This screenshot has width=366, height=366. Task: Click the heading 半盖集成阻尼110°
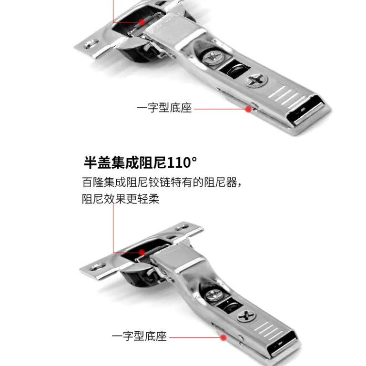point(140,162)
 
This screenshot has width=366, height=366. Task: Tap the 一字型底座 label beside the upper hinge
point(164,108)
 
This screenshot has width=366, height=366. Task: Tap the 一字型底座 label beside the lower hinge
point(139,336)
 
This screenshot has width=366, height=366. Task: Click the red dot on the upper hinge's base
point(248,109)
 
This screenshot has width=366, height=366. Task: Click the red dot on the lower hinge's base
point(224,337)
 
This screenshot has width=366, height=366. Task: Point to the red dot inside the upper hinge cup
point(142,22)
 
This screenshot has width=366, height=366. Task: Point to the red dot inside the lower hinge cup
point(142,252)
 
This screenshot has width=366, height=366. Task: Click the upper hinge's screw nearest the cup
point(212,57)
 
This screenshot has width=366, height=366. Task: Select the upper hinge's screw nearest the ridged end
point(256,80)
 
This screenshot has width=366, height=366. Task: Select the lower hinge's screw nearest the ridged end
point(246,316)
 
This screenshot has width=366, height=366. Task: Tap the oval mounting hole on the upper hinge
point(91,44)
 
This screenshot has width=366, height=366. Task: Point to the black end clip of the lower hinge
point(283,343)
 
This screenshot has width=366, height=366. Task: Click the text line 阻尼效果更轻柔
point(121,199)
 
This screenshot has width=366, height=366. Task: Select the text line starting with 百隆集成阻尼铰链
point(162,183)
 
